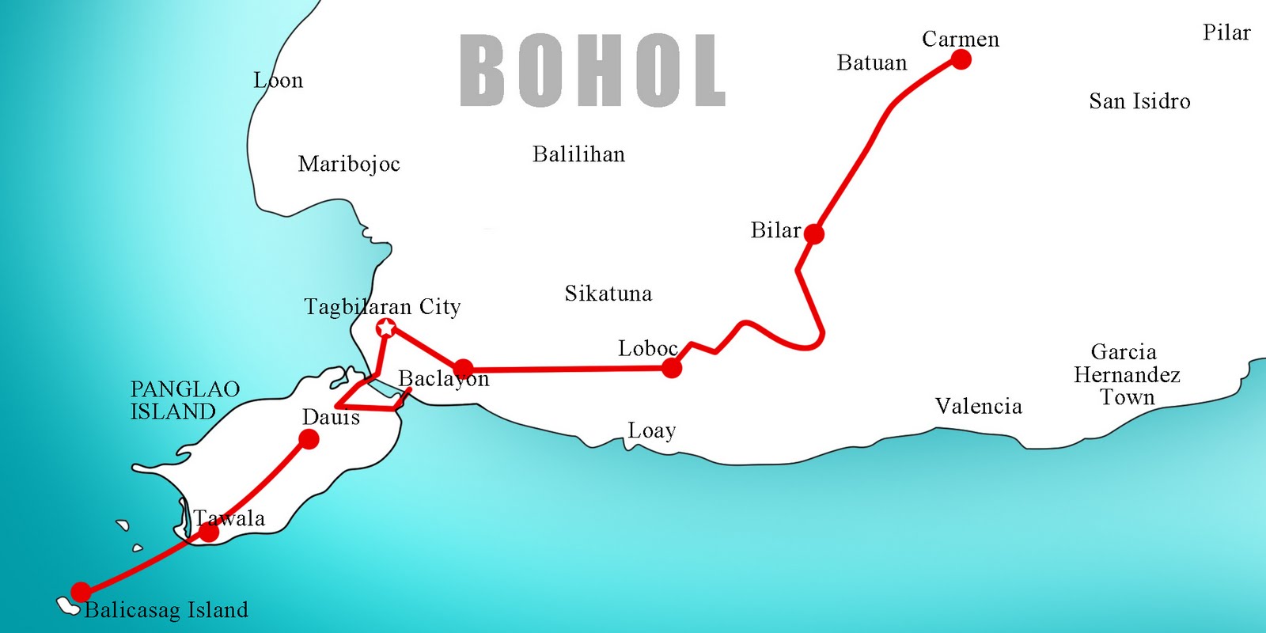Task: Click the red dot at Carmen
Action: pyautogui.click(x=961, y=59)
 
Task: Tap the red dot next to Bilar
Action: pyautogui.click(x=813, y=233)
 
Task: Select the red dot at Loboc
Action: pyautogui.click(x=672, y=368)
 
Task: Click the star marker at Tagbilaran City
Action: pyautogui.click(x=386, y=328)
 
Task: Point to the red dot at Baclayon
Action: pyautogui.click(x=464, y=368)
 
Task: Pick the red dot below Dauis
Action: pyautogui.click(x=309, y=439)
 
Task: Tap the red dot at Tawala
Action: pyautogui.click(x=209, y=533)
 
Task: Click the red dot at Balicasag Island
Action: pyautogui.click(x=81, y=591)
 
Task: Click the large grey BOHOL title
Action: pyautogui.click(x=593, y=70)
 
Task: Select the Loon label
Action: pyautogui.click(x=278, y=81)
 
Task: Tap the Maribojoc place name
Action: pyautogui.click(x=349, y=164)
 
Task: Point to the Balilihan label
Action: pyautogui.click(x=578, y=154)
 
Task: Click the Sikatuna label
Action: pyautogui.click(x=608, y=294)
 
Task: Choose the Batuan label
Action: pyautogui.click(x=872, y=63)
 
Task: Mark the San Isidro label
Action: pyautogui.click(x=1139, y=101)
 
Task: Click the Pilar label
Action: pyautogui.click(x=1226, y=32)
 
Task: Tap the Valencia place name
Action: pyautogui.click(x=978, y=407)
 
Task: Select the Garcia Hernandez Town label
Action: pyautogui.click(x=1127, y=374)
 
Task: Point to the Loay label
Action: pyautogui.click(x=652, y=431)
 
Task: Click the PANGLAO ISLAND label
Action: pyautogui.click(x=184, y=400)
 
